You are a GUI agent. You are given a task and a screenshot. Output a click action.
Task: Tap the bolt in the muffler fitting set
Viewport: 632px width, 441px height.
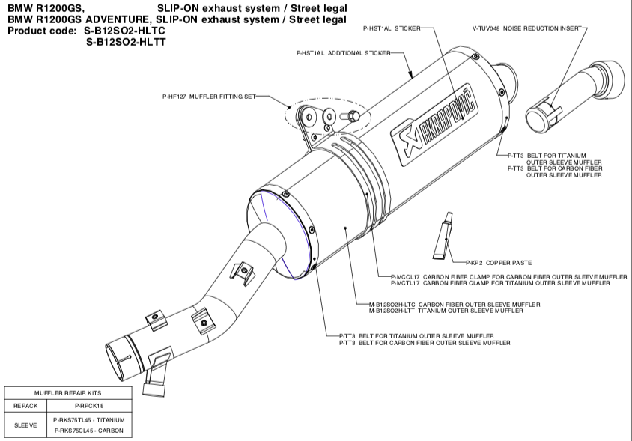(x=351, y=116)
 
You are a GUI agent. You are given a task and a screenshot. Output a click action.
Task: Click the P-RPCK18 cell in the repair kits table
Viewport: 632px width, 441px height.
(x=89, y=405)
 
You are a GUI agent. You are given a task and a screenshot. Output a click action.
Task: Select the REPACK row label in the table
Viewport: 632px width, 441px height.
(x=25, y=405)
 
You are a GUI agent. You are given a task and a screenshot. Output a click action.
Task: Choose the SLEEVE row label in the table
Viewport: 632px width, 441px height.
(x=25, y=425)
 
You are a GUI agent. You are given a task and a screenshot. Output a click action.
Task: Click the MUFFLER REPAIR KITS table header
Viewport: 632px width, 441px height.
(x=67, y=392)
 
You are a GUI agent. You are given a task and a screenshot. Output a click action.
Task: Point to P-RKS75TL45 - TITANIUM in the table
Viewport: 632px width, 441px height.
(x=89, y=419)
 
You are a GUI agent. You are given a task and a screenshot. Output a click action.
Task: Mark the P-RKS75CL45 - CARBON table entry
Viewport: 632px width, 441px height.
(x=89, y=430)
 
